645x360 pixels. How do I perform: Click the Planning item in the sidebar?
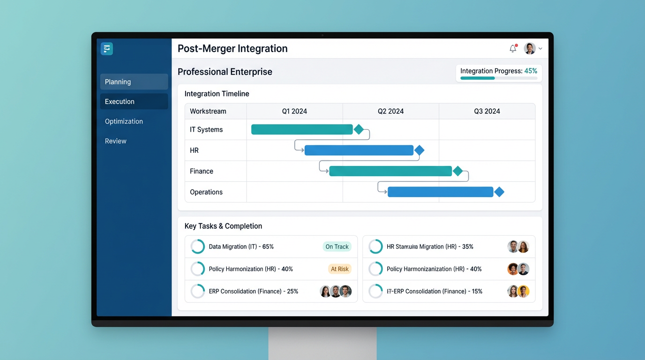[134, 82]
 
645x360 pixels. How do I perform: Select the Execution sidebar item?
[134, 101]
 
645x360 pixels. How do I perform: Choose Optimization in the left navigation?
[124, 121]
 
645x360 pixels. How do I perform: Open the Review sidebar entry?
[116, 141]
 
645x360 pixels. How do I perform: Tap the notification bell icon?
[513, 48]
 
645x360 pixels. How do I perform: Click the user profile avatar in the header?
[530, 48]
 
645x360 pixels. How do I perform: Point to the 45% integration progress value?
[531, 71]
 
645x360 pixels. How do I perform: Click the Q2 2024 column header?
[390, 111]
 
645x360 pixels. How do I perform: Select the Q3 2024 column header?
[487, 111]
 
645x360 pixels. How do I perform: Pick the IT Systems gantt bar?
[302, 129]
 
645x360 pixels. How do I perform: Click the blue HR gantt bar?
[359, 150]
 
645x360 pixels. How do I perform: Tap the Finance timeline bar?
[390, 171]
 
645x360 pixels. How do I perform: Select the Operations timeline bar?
[440, 192]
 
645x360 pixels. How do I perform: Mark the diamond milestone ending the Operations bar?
[499, 192]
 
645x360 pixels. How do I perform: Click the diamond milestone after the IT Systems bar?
[359, 129]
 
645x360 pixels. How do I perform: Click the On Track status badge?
[337, 247]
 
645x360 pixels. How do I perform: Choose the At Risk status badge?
[339, 269]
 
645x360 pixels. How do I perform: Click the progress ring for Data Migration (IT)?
[198, 247]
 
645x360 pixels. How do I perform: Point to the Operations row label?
[206, 192]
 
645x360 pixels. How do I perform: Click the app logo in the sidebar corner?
[107, 49]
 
